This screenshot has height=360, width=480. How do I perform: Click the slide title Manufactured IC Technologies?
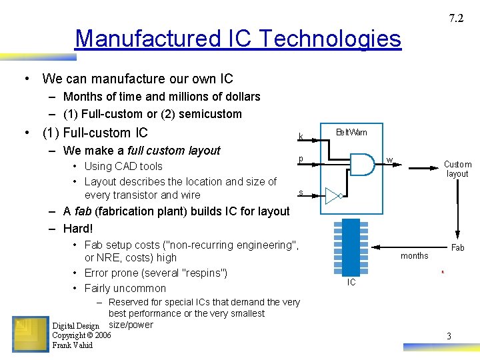point(238,39)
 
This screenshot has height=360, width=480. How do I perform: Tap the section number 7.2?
point(456,19)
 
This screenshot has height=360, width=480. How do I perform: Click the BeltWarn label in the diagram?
point(351,132)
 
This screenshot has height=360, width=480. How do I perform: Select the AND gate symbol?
point(362,164)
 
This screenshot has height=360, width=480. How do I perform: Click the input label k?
point(301,137)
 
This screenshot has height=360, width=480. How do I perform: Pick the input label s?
point(301,193)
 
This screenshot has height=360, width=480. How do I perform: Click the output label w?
point(390,160)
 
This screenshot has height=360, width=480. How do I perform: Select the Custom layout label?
point(457,169)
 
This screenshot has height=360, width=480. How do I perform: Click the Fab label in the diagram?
point(458,247)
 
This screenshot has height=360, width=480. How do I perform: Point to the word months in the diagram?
point(414,256)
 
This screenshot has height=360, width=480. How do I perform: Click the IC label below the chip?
point(351,283)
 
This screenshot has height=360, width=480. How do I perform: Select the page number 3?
point(449,337)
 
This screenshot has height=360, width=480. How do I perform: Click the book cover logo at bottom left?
point(30,334)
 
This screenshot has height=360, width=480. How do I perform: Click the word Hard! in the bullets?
point(78,229)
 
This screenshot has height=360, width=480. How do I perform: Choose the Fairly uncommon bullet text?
point(125,288)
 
